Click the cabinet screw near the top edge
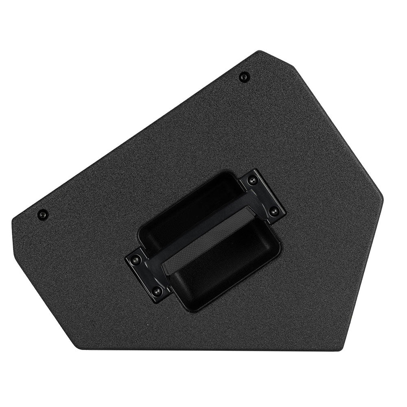click(244, 76)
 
